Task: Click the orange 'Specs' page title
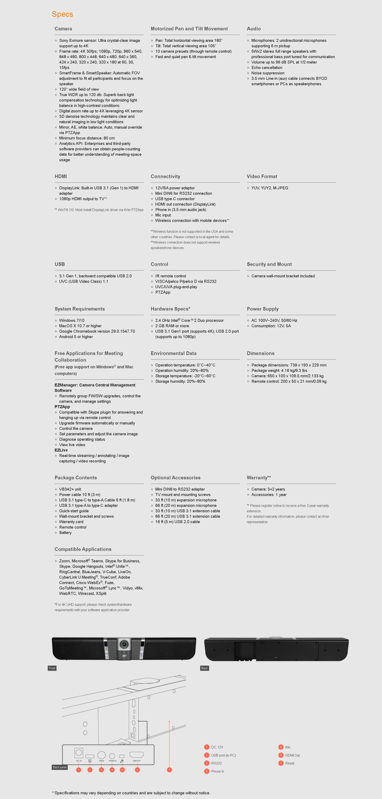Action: click(x=62, y=14)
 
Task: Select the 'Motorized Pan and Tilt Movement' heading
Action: click(x=189, y=29)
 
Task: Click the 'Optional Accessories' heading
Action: click(x=176, y=478)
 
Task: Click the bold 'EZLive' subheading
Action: click(x=61, y=450)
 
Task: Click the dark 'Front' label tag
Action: click(x=52, y=668)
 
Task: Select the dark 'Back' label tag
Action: click(x=204, y=668)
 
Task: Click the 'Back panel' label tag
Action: click(x=60, y=767)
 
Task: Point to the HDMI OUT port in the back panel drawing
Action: click(x=136, y=755)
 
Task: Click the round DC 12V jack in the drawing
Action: click(x=79, y=752)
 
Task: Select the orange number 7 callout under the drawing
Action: click(x=169, y=770)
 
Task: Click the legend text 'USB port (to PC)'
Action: click(x=223, y=755)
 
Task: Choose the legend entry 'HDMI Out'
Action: click(x=292, y=755)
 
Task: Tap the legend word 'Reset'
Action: click(x=290, y=763)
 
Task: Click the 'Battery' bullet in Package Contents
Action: click(x=65, y=533)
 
